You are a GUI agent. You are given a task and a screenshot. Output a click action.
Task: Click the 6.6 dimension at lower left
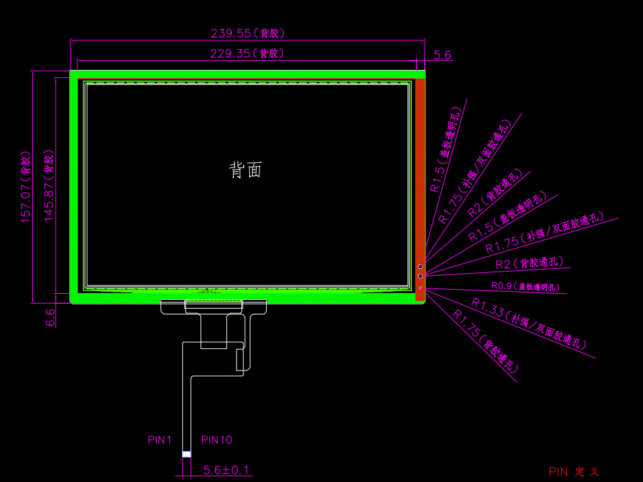click(x=50, y=317)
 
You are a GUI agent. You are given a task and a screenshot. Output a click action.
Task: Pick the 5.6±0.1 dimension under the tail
click(x=226, y=469)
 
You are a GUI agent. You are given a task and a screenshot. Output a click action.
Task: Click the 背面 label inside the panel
click(x=245, y=170)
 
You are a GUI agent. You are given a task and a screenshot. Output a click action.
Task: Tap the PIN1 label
click(x=160, y=440)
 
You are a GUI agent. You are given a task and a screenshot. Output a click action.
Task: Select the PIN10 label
click(x=217, y=440)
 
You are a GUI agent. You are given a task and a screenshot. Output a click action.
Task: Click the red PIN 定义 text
click(x=573, y=472)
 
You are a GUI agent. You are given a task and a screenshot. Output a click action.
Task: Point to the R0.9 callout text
click(x=525, y=286)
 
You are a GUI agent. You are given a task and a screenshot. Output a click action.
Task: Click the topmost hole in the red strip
click(x=421, y=267)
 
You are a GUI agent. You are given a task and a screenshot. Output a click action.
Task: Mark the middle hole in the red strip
click(x=421, y=276)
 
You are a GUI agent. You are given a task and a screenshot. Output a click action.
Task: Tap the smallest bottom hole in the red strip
click(x=421, y=288)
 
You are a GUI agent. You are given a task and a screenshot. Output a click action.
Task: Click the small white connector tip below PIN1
click(x=186, y=454)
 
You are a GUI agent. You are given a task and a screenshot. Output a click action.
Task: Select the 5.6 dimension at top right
click(x=443, y=55)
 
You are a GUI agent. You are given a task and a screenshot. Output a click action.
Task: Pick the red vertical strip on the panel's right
click(x=420, y=168)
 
